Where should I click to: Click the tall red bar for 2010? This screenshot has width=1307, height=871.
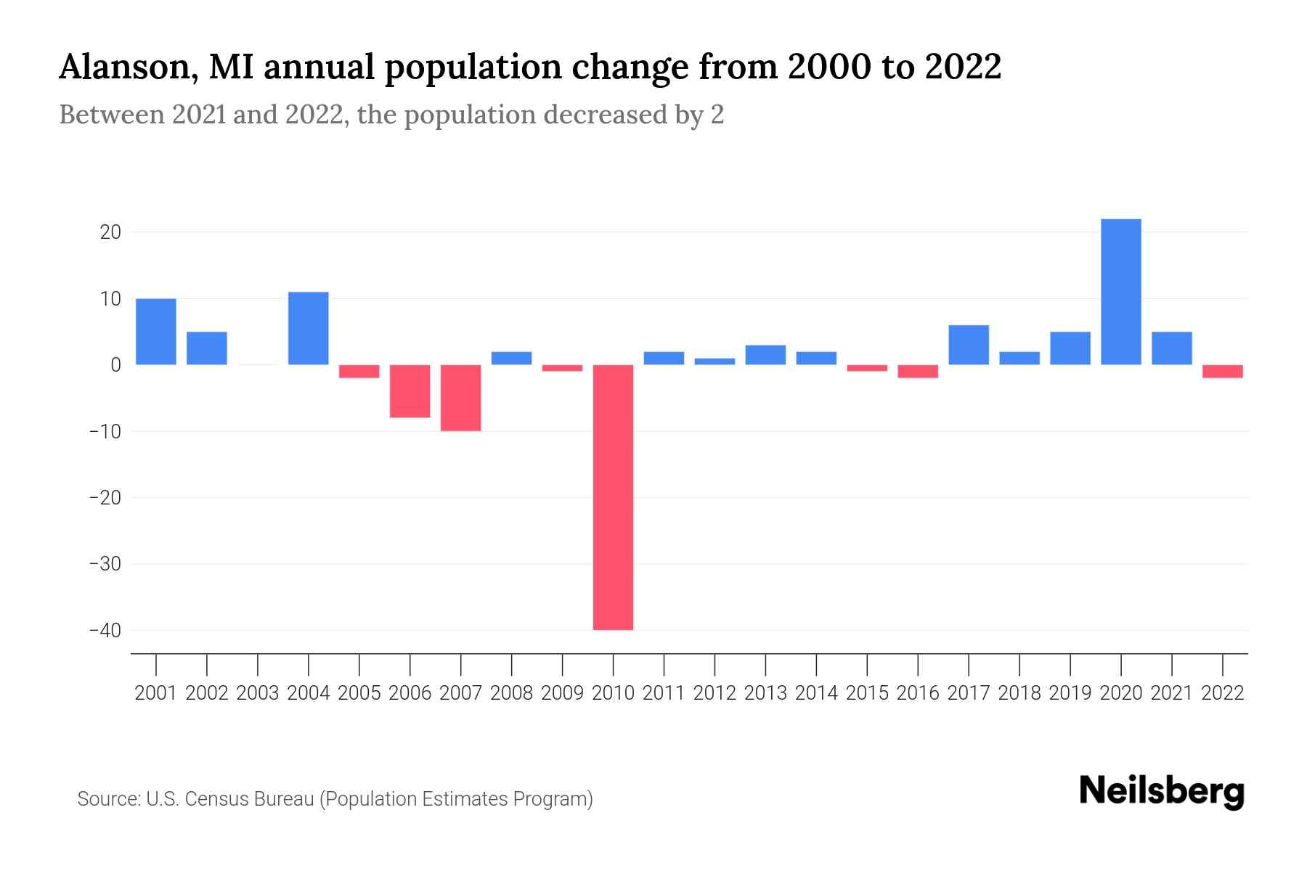pyautogui.click(x=613, y=497)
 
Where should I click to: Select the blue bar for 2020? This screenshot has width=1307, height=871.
pyautogui.click(x=1120, y=292)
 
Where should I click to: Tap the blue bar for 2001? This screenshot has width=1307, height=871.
pyautogui.click(x=156, y=332)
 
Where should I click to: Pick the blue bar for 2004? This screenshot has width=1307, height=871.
pyautogui.click(x=309, y=328)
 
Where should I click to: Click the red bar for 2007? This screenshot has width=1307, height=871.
pyautogui.click(x=460, y=398)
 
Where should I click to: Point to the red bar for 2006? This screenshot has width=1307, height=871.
pyautogui.click(x=410, y=391)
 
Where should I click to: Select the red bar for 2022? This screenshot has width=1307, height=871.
pyautogui.click(x=1222, y=372)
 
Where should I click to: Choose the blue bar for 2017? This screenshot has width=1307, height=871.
pyautogui.click(x=968, y=345)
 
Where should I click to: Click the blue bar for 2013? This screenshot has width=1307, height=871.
pyautogui.click(x=765, y=355)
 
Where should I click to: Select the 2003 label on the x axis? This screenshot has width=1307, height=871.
pyautogui.click(x=258, y=693)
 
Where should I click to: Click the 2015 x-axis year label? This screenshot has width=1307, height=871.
pyautogui.click(x=867, y=693)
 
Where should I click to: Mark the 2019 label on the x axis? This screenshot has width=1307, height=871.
pyautogui.click(x=1070, y=693)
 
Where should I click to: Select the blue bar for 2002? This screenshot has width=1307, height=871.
pyautogui.click(x=207, y=348)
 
